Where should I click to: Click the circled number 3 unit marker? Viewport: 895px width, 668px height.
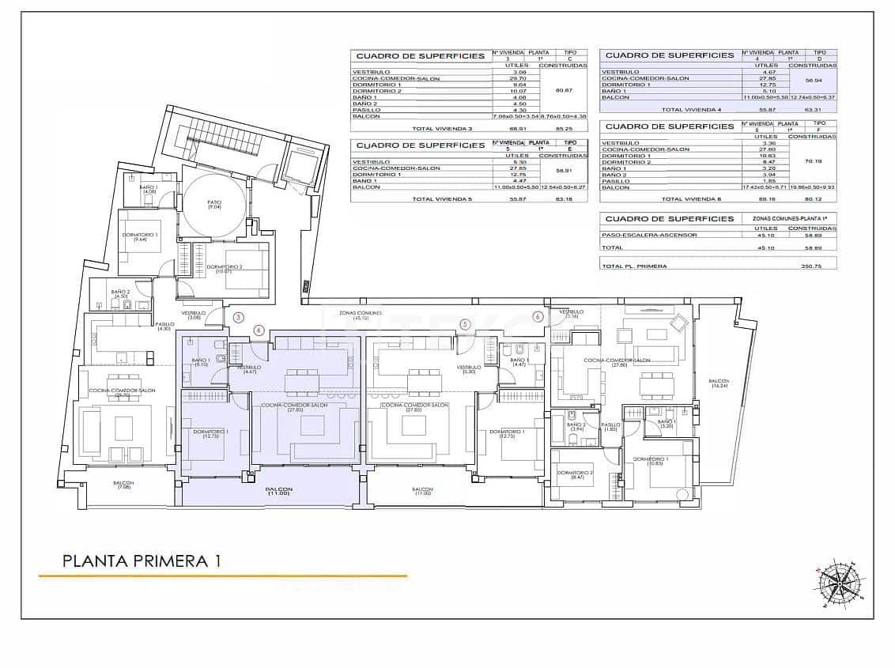pyautogui.click(x=239, y=317)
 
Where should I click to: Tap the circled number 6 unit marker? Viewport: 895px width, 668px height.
pyautogui.click(x=538, y=317)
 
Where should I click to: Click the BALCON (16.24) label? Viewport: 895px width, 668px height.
pyautogui.click(x=719, y=383)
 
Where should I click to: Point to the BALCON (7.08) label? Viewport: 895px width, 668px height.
pyautogui.click(x=123, y=485)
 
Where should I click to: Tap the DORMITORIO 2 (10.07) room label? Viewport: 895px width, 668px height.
pyautogui.click(x=223, y=269)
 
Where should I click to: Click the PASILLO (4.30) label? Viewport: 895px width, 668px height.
pyautogui.click(x=164, y=326)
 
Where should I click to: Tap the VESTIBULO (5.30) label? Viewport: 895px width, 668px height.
pyautogui.click(x=469, y=369)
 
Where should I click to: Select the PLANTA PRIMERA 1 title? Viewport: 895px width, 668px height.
pyautogui.click(x=142, y=560)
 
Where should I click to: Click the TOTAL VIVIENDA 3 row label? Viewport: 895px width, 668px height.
pyautogui.click(x=442, y=128)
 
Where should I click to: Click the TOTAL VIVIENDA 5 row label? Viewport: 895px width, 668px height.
pyautogui.click(x=442, y=199)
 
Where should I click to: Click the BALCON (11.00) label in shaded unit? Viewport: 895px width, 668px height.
pyautogui.click(x=278, y=492)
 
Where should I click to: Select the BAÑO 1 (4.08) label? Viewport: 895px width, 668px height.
pyautogui.click(x=149, y=189)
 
